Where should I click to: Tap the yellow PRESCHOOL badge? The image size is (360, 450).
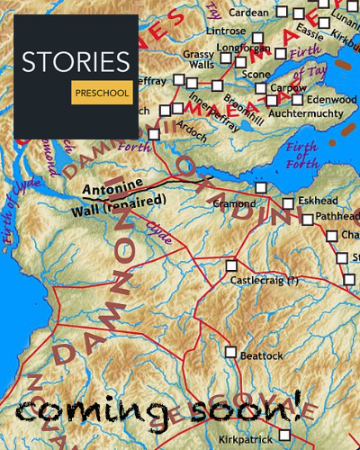[101, 92]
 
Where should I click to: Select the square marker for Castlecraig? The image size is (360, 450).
[231, 265]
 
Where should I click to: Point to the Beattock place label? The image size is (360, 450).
[261, 356]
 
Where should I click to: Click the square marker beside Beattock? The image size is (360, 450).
[231, 352]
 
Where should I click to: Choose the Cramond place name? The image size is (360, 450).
[234, 204]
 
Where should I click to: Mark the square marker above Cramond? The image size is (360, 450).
[261, 187]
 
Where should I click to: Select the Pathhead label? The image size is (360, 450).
[337, 218]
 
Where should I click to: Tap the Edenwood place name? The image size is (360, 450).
[331, 99]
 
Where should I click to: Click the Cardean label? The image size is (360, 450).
[249, 13]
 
